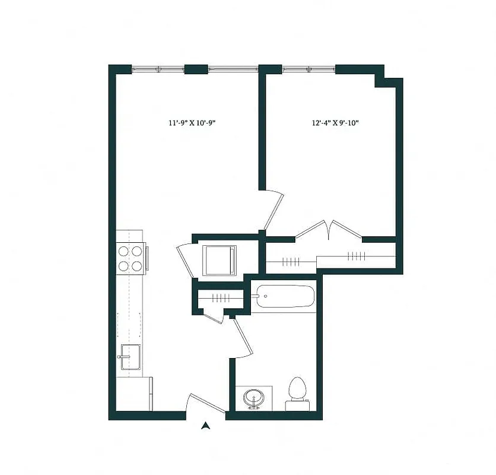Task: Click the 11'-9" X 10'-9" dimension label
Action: click(x=195, y=123)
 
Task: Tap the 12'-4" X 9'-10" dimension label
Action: click(x=335, y=123)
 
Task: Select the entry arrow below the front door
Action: click(x=205, y=425)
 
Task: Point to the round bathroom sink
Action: click(x=255, y=398)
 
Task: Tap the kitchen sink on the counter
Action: click(x=129, y=356)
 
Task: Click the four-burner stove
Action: click(x=131, y=258)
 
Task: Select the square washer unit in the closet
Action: click(x=220, y=260)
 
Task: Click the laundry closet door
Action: click(x=185, y=261)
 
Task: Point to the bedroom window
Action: click(x=309, y=69)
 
